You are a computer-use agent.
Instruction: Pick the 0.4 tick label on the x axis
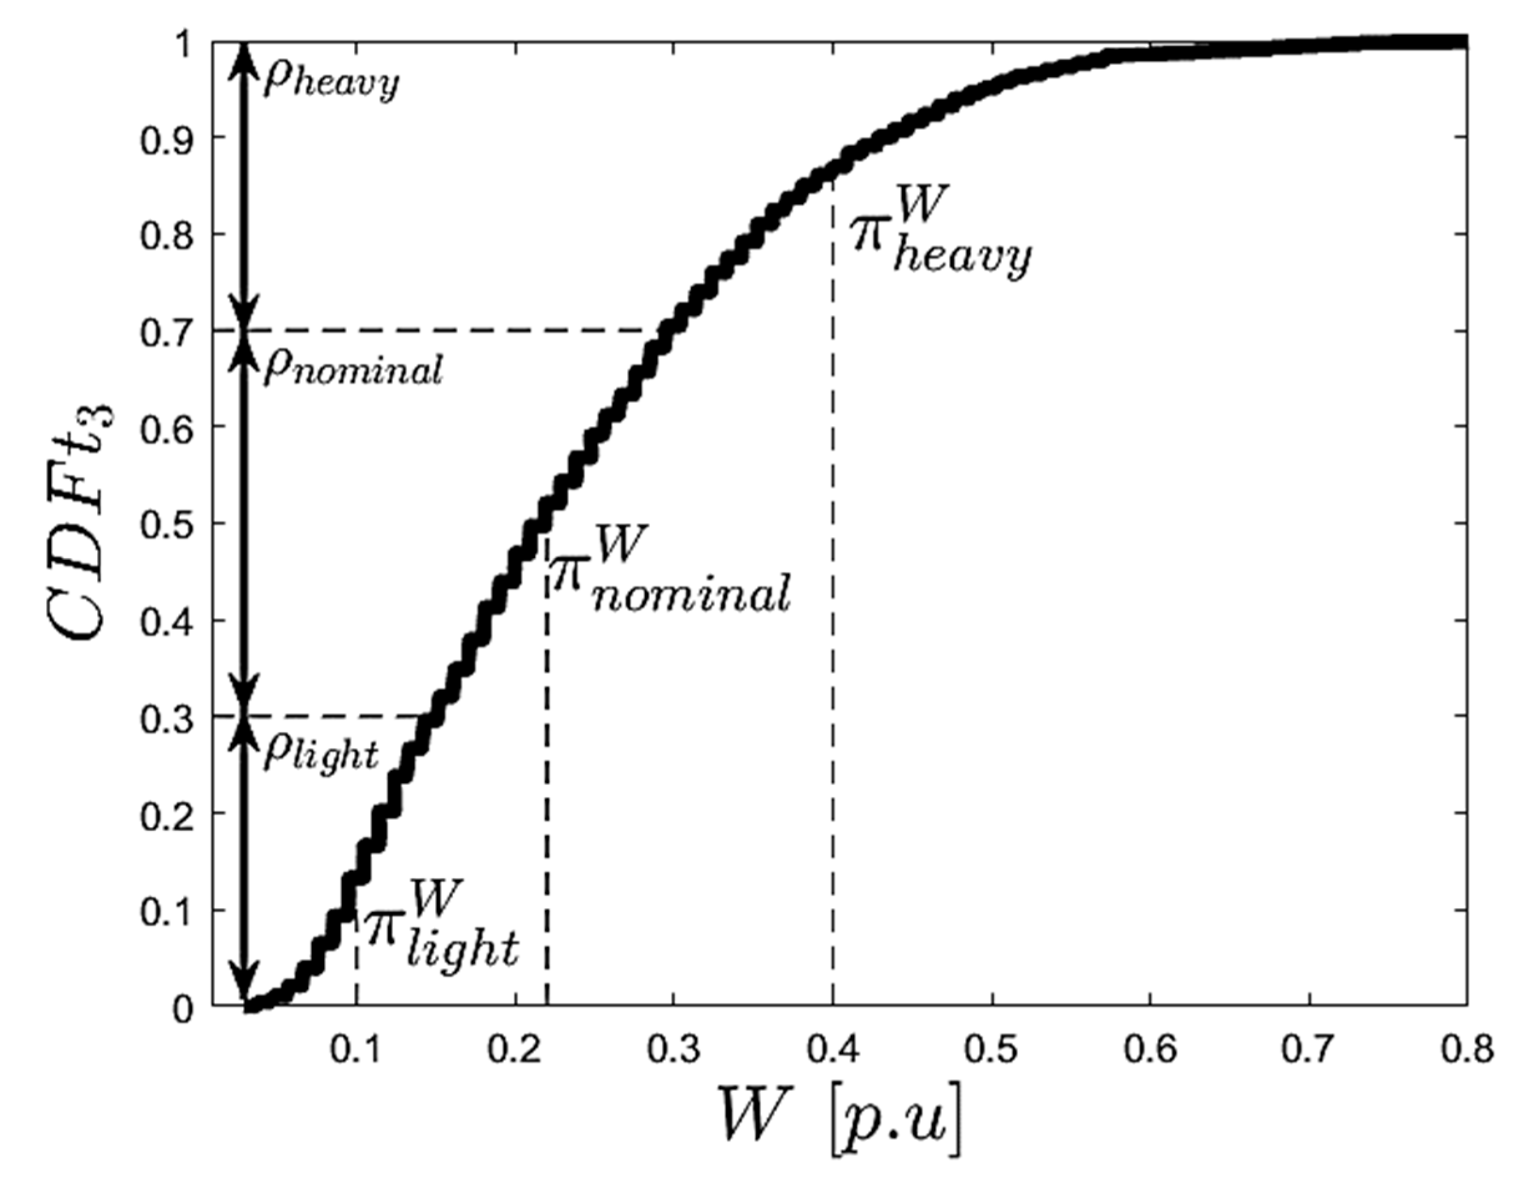(x=833, y=1050)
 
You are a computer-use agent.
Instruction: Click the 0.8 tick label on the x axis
(x=1465, y=1050)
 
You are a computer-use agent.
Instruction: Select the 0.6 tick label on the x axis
(x=1150, y=1050)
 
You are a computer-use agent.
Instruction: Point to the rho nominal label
(x=352, y=370)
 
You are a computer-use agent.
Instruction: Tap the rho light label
(x=321, y=753)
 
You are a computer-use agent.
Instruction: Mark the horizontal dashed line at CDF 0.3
(x=335, y=717)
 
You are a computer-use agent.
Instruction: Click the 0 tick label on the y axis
(x=183, y=1009)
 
